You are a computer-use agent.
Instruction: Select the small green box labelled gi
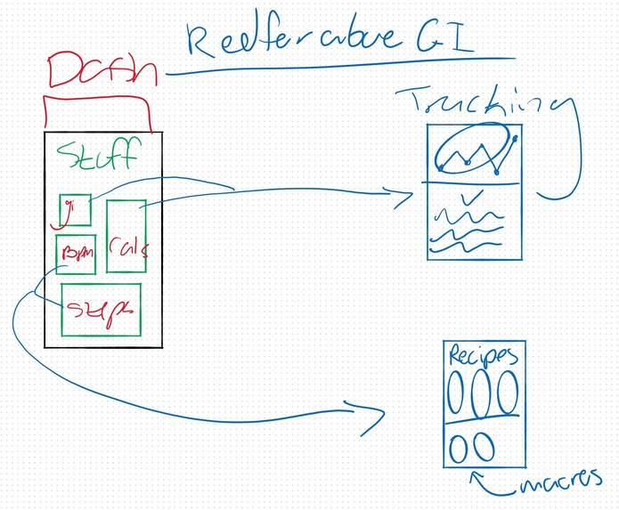point(75,210)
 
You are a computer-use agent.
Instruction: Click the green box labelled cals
point(126,236)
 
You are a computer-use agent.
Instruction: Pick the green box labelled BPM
point(76,254)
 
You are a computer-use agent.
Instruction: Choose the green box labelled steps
point(101,310)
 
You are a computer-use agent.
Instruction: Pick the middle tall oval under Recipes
point(483,393)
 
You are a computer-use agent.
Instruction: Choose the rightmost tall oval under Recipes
point(508,393)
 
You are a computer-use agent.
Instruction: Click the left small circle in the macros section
point(460,446)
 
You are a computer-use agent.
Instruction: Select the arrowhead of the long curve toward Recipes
point(372,418)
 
